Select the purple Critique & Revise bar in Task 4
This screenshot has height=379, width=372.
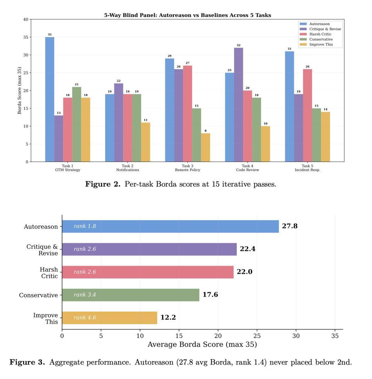tap(238, 105)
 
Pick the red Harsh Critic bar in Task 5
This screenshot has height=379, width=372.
tap(307, 115)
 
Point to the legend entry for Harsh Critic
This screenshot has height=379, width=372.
tap(320, 34)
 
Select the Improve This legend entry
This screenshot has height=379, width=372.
tap(321, 44)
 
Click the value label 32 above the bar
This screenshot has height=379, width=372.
tap(238, 45)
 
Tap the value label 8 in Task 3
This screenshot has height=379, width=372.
tap(206, 131)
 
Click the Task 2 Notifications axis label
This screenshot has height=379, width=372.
tap(127, 168)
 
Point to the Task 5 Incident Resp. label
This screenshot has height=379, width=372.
tap(307, 168)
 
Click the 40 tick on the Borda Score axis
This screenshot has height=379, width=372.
tap(26, 20)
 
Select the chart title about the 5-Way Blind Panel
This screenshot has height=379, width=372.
tap(187, 15)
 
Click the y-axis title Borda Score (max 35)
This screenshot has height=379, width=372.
tap(20, 91)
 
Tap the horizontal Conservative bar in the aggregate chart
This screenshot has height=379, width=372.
tap(131, 295)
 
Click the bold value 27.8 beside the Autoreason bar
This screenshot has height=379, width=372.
tap(289, 226)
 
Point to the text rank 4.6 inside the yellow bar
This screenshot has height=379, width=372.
tap(85, 317)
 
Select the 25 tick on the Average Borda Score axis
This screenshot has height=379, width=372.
tap(257, 336)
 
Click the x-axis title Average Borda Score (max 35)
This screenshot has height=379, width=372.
tap(202, 344)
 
